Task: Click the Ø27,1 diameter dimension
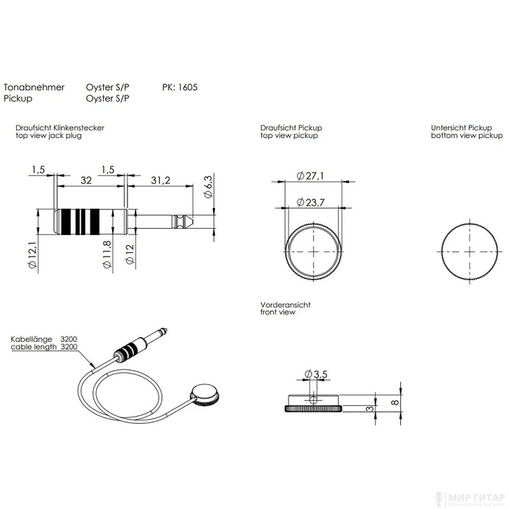(x=310, y=176)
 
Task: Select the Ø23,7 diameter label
(x=311, y=203)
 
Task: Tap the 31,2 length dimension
(x=161, y=180)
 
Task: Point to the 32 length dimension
(x=86, y=180)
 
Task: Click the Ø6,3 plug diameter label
(x=208, y=186)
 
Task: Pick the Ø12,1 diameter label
(x=33, y=255)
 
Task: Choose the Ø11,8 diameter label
(x=107, y=254)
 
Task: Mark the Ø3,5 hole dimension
(x=316, y=374)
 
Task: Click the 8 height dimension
(x=395, y=403)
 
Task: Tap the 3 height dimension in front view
(x=370, y=409)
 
